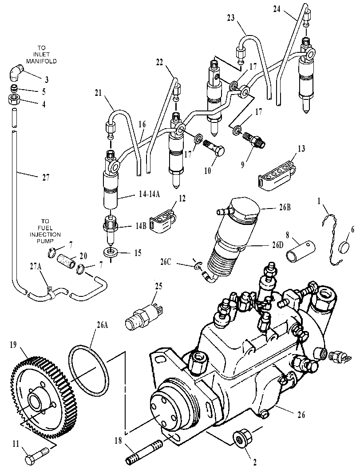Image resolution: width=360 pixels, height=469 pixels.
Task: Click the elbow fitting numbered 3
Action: pos(15,73)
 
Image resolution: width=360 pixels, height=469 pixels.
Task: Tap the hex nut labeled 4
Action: pos(13,100)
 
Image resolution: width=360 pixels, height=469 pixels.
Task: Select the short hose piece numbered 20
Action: pos(66,258)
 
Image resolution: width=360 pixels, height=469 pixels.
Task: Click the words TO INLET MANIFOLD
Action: pos(41,54)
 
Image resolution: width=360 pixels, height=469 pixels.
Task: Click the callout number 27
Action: pos(45,177)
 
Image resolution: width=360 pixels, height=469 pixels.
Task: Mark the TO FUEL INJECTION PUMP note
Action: pos(45,231)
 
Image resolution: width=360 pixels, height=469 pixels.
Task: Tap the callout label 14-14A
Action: pos(149,194)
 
